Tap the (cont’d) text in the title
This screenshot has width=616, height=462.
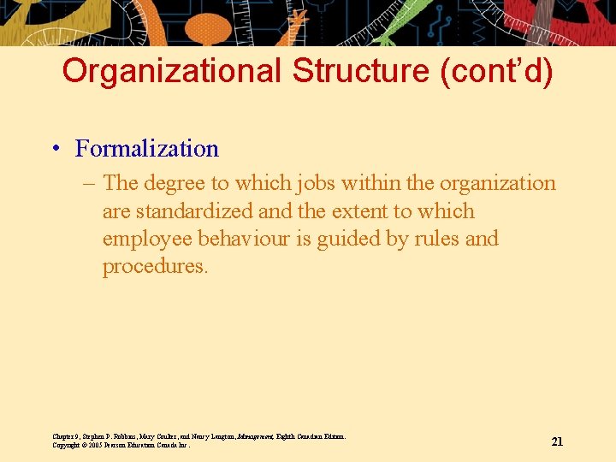(496, 71)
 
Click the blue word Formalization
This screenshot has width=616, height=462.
(146, 149)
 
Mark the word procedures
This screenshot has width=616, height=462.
(154, 266)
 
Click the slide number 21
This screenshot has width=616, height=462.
(557, 441)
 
